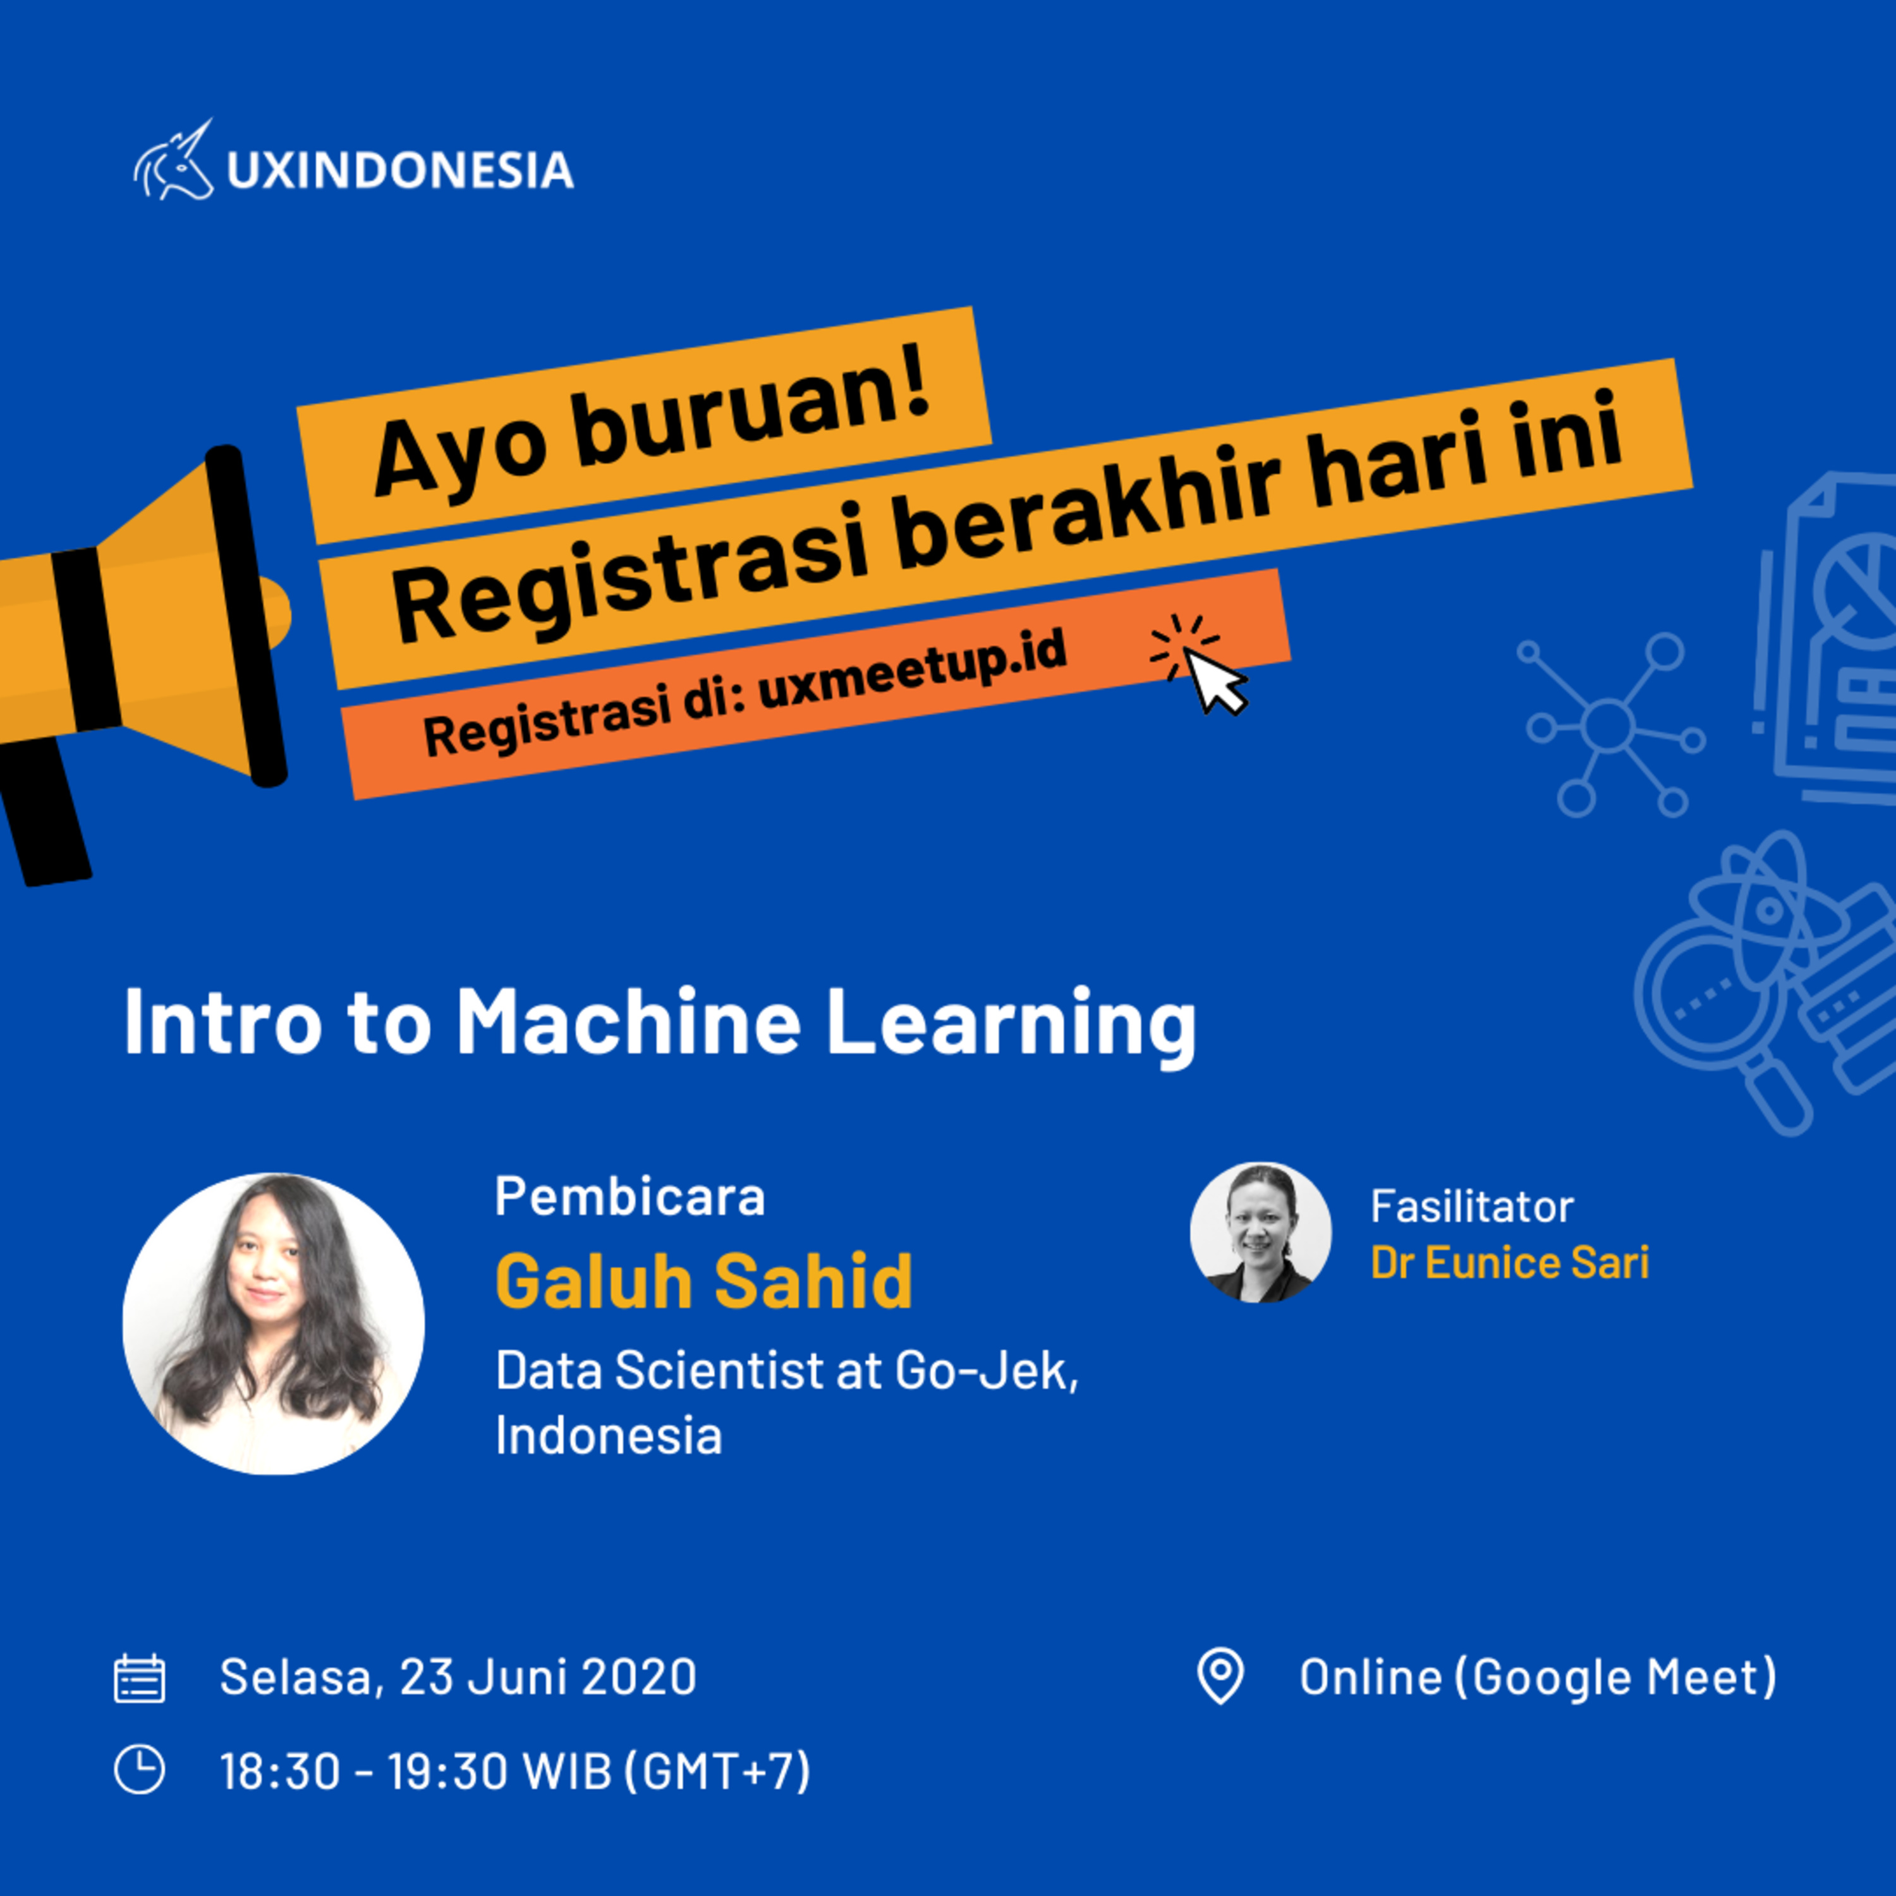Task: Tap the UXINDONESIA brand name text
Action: (x=401, y=170)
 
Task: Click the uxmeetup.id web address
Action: (x=912, y=668)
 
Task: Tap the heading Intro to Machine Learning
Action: (x=659, y=1024)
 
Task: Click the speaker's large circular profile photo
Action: (x=274, y=1324)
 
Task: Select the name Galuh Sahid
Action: (x=703, y=1280)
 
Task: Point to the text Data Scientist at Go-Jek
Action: (x=787, y=1370)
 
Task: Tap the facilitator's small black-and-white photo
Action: (x=1261, y=1232)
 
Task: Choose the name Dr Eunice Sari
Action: (x=1509, y=1263)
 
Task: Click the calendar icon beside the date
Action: (x=139, y=1678)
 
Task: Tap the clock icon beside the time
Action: (x=139, y=1770)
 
